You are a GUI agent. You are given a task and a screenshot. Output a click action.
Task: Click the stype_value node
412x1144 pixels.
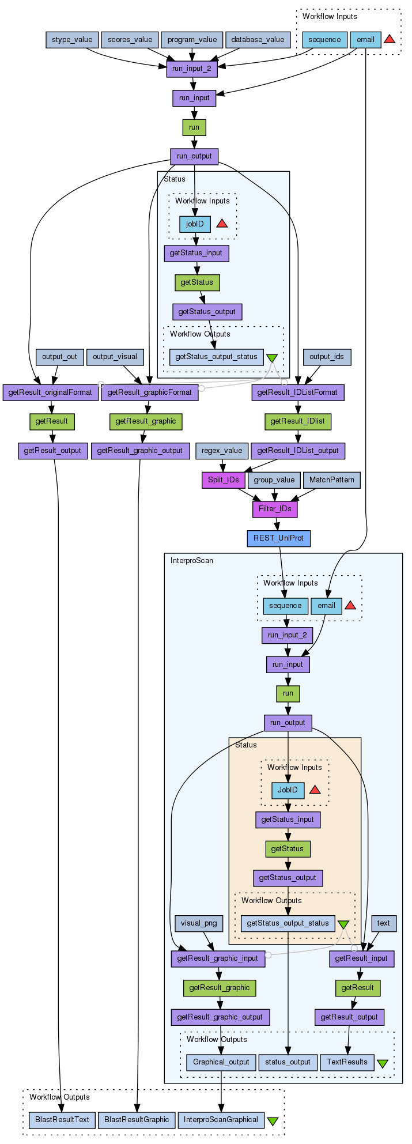pyautogui.click(x=72, y=40)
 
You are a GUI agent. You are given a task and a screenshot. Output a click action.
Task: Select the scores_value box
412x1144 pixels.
pyautogui.click(x=130, y=40)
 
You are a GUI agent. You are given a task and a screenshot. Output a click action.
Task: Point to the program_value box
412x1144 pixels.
pyautogui.click(x=192, y=40)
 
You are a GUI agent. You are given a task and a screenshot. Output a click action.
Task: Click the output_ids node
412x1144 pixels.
pyautogui.click(x=327, y=357)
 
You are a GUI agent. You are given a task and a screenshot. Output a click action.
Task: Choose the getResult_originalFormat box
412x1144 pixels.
pyautogui.click(x=51, y=392)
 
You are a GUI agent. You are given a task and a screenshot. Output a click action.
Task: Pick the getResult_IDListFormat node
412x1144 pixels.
pyautogui.click(x=297, y=392)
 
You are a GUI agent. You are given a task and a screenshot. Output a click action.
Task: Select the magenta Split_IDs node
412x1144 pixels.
pyautogui.click(x=224, y=480)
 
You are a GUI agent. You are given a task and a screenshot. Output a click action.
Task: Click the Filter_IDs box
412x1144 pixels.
pyautogui.click(x=275, y=509)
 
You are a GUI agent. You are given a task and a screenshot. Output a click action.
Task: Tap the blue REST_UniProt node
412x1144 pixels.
pyautogui.click(x=278, y=539)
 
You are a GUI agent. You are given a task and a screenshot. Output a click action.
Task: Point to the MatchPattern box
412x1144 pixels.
pyautogui.click(x=332, y=480)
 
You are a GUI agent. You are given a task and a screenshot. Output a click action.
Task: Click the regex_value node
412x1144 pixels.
pyautogui.click(x=222, y=451)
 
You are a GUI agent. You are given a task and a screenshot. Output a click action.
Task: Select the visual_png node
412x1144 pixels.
pyautogui.click(x=199, y=923)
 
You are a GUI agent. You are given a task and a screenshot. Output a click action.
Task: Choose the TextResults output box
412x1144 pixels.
pyautogui.click(x=347, y=1062)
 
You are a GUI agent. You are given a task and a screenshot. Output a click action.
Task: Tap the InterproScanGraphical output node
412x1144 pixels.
pyautogui.click(x=221, y=1120)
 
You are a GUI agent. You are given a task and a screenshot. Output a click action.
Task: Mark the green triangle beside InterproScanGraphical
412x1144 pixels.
pyautogui.click(x=273, y=1121)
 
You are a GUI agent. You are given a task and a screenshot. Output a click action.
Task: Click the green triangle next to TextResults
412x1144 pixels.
pyautogui.click(x=383, y=1063)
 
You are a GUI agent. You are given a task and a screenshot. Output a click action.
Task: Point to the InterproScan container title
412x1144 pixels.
pyautogui.click(x=192, y=561)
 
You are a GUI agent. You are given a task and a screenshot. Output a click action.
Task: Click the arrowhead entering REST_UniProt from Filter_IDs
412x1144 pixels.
pyautogui.click(x=277, y=527)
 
